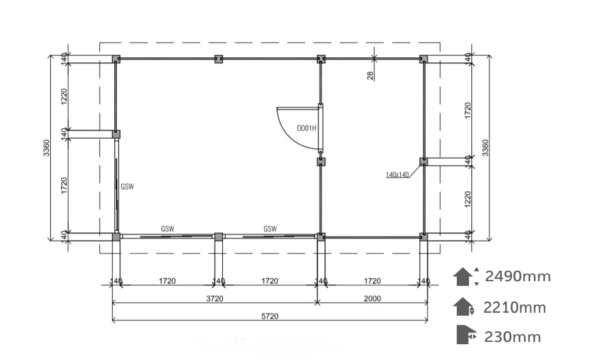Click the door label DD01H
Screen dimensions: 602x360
[x=306, y=128]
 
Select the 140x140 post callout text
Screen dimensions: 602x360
[x=397, y=175]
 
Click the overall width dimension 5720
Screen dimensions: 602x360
[x=269, y=316]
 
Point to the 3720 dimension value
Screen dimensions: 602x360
[x=215, y=299]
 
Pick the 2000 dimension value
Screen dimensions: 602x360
[x=372, y=299]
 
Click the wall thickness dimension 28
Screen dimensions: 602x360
[x=370, y=75]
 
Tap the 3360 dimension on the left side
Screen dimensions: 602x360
[x=46, y=148]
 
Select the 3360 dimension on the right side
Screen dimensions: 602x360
[x=485, y=148]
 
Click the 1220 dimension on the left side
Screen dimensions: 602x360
[x=64, y=96]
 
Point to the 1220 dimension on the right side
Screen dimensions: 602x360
[x=467, y=200]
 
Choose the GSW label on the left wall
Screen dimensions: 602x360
[x=127, y=187]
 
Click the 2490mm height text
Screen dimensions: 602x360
[x=518, y=276]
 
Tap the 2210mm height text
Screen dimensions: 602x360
[x=514, y=307]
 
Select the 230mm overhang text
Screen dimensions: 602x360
[x=513, y=337]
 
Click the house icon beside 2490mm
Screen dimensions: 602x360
[x=463, y=277]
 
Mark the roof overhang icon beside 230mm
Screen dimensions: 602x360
[x=466, y=335]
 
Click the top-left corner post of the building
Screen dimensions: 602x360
[x=116, y=59]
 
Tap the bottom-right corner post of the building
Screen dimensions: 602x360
[x=423, y=237]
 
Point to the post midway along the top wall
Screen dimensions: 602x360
[x=218, y=59]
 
